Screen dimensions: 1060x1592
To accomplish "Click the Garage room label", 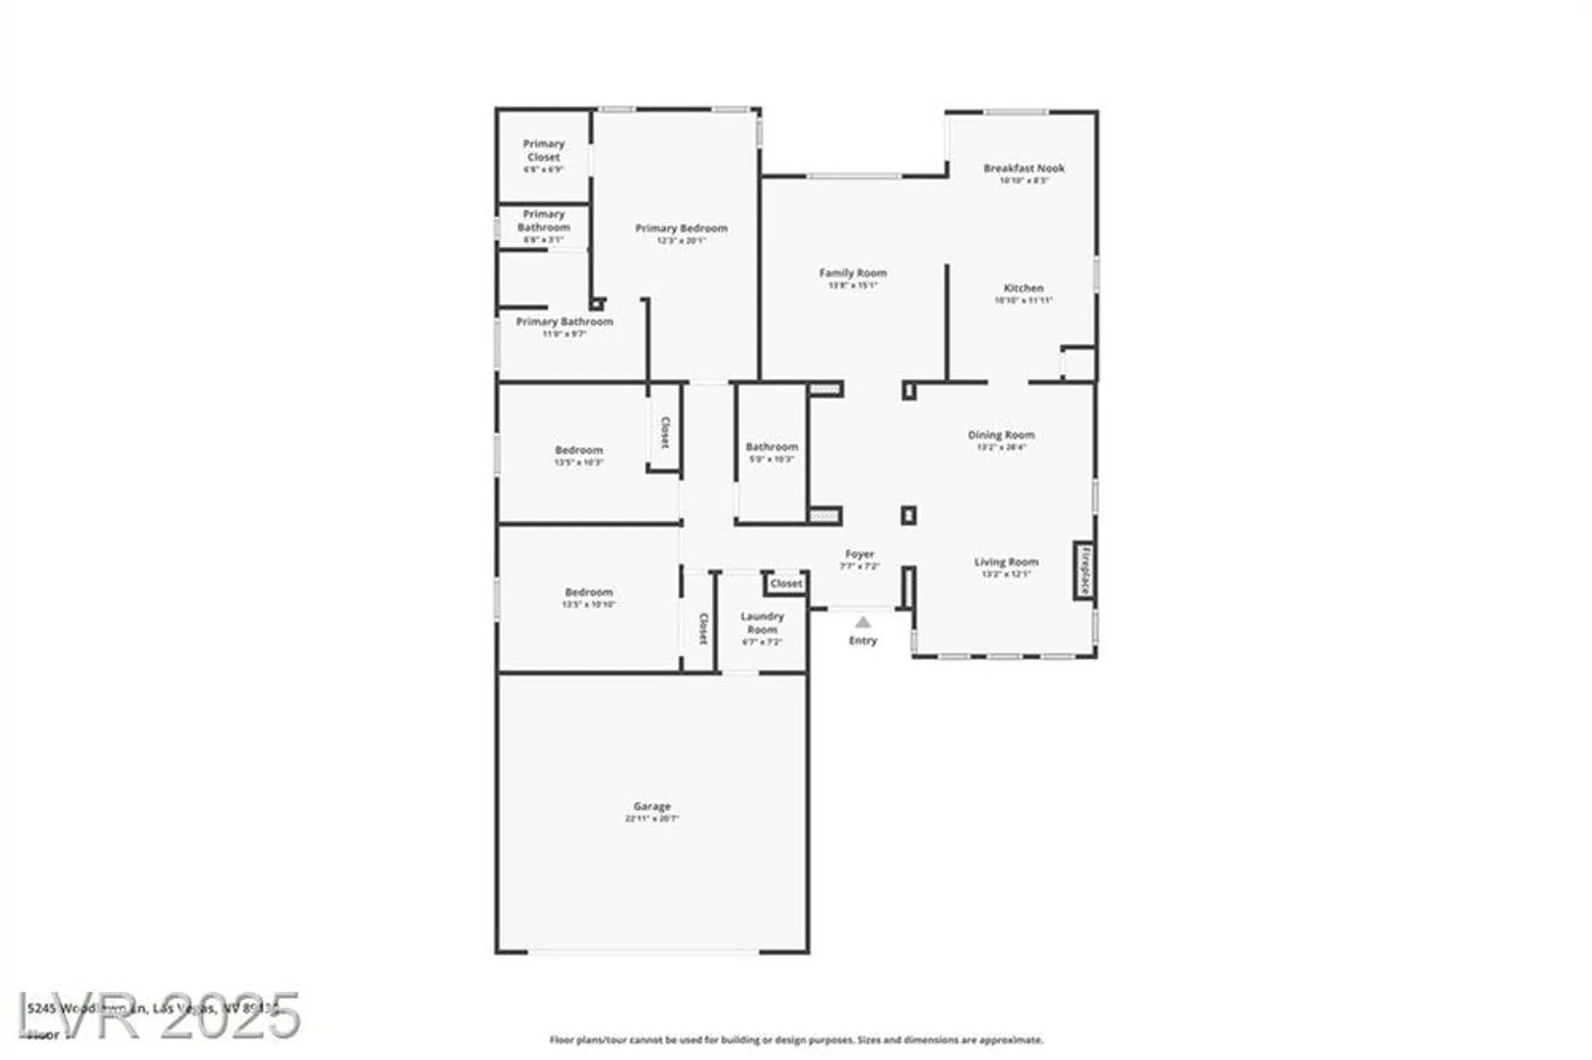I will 652,806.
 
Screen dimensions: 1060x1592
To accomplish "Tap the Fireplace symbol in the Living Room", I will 1084,571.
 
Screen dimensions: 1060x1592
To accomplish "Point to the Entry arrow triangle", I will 863,622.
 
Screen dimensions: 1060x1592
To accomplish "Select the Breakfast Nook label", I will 1024,169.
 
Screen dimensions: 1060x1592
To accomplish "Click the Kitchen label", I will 1024,288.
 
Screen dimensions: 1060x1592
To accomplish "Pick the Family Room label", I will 853,273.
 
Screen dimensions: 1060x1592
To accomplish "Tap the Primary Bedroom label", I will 681,228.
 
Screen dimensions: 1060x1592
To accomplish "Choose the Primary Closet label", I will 544,150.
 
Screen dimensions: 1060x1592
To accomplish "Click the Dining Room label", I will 1001,435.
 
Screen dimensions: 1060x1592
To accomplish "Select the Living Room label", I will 1006,562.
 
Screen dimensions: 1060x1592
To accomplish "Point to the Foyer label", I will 860,554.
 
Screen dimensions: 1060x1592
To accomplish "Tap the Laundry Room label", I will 763,623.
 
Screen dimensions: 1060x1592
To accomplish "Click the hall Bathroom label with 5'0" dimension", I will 771,447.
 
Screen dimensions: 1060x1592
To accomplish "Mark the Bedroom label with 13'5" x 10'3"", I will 579,450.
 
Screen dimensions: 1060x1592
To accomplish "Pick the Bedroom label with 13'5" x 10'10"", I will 589,593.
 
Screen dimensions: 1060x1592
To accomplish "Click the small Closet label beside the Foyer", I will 786,584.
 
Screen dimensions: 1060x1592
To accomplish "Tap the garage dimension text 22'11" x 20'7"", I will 652,818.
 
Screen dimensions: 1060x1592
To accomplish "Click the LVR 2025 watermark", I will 159,1015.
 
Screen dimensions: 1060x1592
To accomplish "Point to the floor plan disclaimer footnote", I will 796,1040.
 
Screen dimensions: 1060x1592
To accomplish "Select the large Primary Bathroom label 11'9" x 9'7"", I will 564,322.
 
